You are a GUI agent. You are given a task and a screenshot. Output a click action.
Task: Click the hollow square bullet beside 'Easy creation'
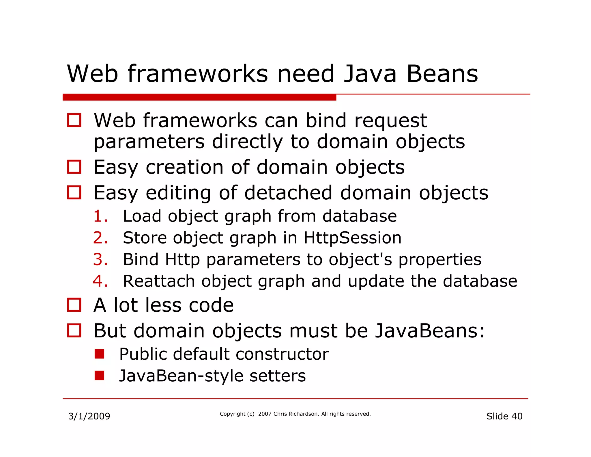point(74,167)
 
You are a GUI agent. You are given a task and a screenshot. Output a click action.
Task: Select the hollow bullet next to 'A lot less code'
point(74,305)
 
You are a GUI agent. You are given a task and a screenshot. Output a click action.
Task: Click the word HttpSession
point(352,238)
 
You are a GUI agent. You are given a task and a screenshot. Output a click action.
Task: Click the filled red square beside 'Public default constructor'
point(99,354)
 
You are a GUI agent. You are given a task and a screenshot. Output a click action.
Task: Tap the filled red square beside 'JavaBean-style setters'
point(99,376)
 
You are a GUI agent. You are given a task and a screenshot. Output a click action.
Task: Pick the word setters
point(277,376)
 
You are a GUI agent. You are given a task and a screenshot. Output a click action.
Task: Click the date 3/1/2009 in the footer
point(89,416)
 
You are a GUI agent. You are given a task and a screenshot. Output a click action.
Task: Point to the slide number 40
point(517,416)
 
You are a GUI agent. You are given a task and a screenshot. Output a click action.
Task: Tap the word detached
point(288,193)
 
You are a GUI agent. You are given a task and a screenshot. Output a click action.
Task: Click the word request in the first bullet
point(390,121)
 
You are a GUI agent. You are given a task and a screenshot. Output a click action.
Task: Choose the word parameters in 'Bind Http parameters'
point(253,259)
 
